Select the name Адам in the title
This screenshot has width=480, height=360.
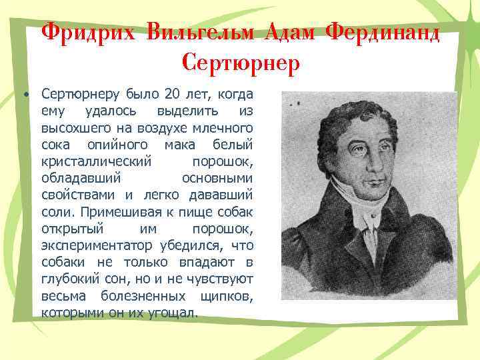[289, 31]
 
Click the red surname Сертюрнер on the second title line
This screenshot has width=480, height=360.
[240, 63]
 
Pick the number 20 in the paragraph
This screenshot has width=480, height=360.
[173, 93]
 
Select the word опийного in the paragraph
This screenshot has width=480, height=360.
[113, 145]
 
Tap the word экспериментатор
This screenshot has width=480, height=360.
[99, 247]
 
